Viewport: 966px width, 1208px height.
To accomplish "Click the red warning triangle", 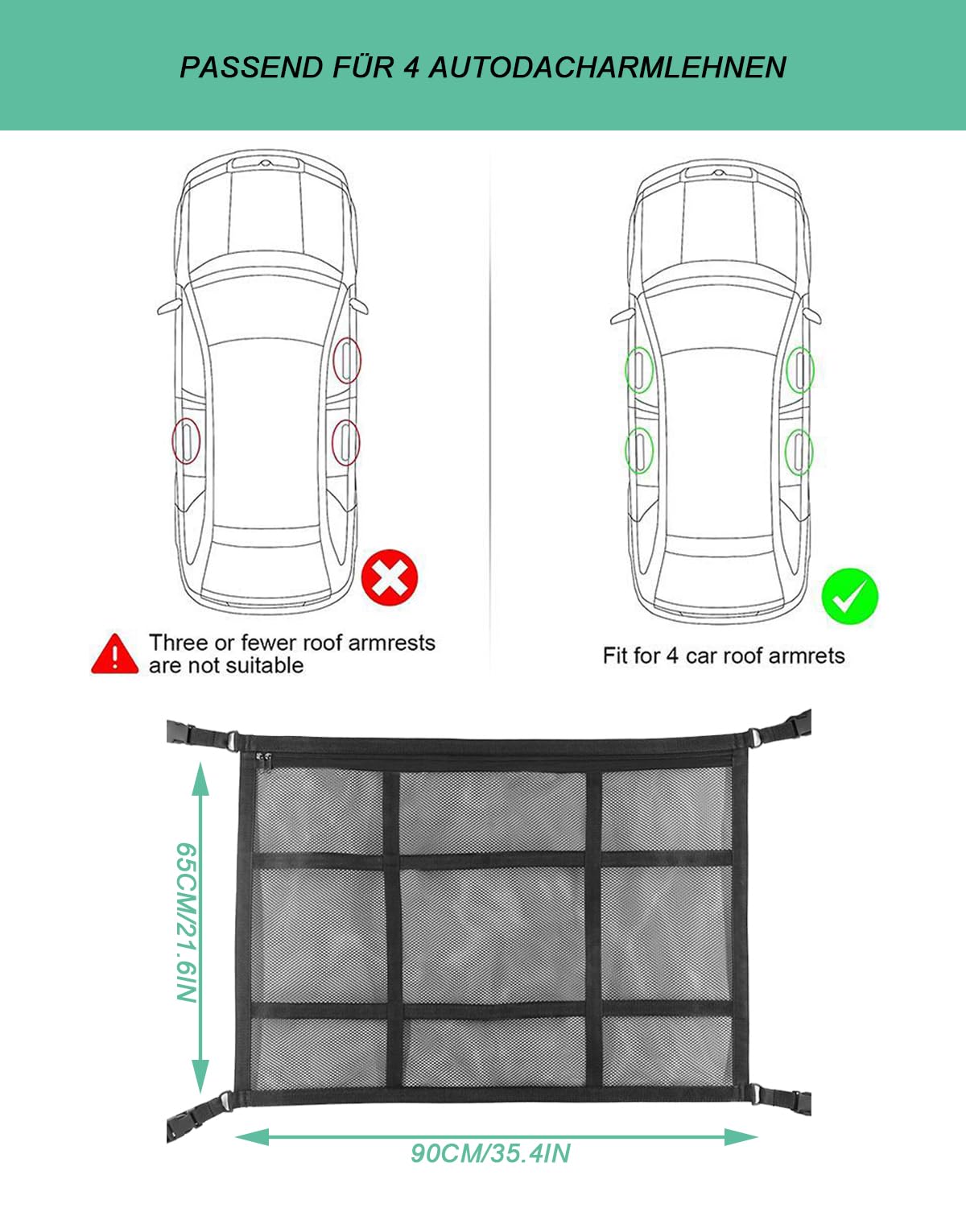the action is click(114, 654).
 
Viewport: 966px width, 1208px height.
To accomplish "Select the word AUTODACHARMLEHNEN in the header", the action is click(607, 67).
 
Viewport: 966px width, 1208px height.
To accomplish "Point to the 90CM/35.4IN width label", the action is click(490, 1153).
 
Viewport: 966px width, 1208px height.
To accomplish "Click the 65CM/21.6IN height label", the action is click(186, 922).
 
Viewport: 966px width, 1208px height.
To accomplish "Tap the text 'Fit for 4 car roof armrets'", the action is click(724, 656).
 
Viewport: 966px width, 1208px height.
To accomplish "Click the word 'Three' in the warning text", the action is click(178, 643).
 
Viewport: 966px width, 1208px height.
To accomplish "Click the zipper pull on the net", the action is click(262, 758).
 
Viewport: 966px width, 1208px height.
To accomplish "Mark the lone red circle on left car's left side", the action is click(185, 441).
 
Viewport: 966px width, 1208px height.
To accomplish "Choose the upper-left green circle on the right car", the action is click(639, 369).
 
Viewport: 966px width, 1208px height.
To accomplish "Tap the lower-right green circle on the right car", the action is click(799, 451).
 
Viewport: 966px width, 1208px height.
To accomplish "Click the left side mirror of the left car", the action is click(169, 307).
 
